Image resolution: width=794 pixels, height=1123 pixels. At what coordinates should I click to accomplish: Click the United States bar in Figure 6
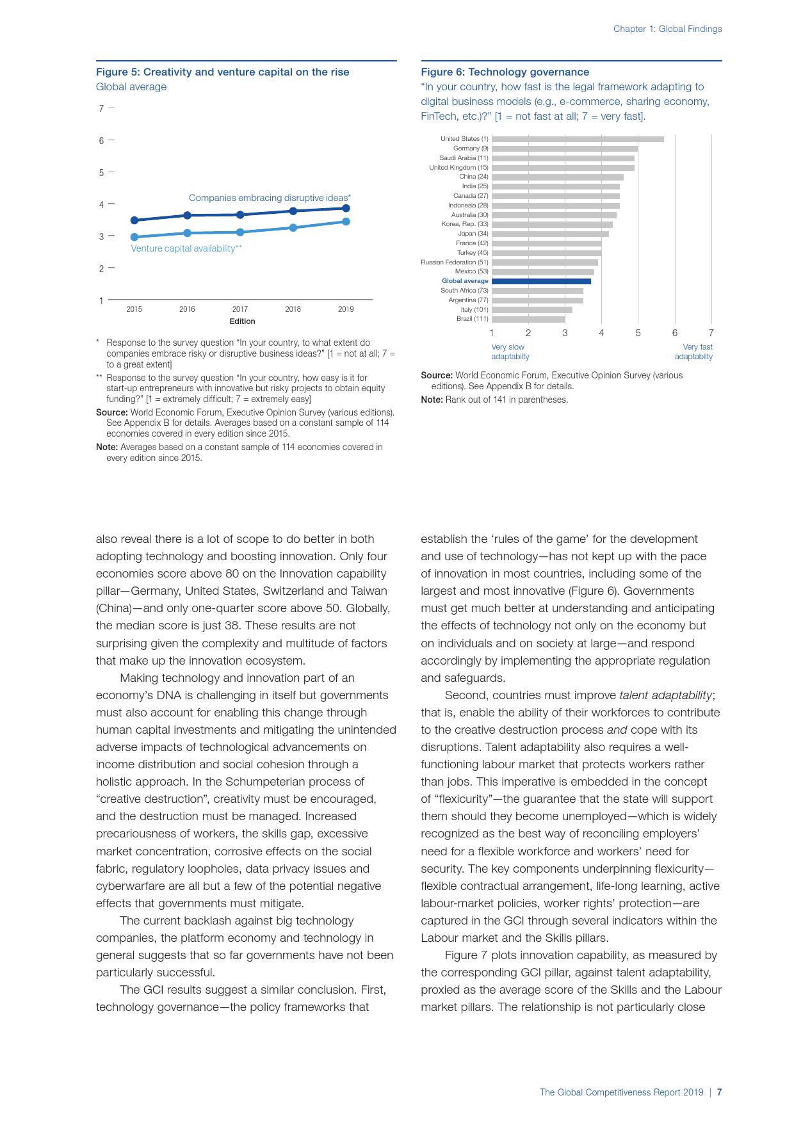578,139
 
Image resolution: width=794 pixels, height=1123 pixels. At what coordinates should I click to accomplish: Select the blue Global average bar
541,281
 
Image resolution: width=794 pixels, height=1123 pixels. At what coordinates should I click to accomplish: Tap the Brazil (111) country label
472,319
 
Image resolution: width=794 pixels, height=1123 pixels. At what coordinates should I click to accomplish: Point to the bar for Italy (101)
531,310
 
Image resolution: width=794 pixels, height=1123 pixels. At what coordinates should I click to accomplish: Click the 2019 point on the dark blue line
346,208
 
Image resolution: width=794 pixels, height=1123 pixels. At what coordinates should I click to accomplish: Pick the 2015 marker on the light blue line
134,237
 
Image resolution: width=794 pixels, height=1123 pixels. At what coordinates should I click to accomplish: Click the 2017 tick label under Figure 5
240,309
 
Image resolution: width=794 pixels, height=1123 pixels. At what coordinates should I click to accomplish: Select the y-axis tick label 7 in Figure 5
101,109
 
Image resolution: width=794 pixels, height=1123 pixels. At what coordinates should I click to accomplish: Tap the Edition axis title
242,321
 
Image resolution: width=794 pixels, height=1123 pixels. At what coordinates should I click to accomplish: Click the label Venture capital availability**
186,248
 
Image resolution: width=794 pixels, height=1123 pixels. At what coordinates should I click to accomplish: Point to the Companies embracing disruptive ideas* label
270,198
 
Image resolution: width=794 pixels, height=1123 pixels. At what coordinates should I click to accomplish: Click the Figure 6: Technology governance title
505,72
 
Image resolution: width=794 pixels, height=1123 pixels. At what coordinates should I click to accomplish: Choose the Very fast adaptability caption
693,351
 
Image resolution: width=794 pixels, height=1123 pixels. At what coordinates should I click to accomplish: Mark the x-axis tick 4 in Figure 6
601,333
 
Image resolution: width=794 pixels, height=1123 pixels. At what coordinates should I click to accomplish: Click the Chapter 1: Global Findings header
667,29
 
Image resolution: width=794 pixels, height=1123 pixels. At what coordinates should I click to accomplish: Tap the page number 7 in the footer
719,1092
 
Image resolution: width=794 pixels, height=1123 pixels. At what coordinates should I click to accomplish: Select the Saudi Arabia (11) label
464,158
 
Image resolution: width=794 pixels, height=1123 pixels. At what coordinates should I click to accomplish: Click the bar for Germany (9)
564,149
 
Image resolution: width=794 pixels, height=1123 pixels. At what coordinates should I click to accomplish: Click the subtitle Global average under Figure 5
131,87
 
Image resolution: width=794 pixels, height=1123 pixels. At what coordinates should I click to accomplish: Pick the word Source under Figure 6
436,375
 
